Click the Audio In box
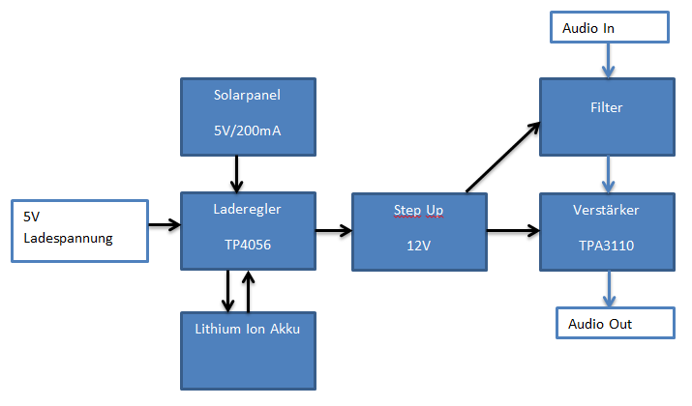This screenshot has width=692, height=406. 608,28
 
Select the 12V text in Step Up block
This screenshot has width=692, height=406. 419,246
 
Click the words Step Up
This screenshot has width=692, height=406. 419,210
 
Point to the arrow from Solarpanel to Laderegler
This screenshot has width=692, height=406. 235,173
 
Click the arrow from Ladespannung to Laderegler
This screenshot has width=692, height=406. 163,226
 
